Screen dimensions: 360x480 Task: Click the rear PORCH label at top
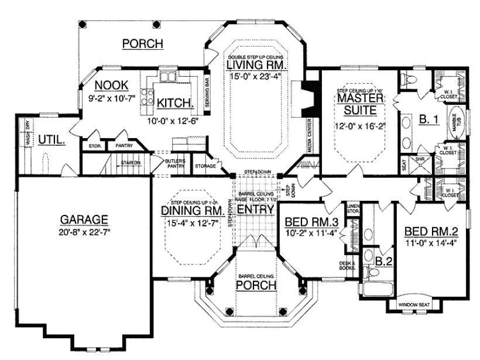coord(142,43)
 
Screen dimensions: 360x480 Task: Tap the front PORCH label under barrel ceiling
coord(255,285)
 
